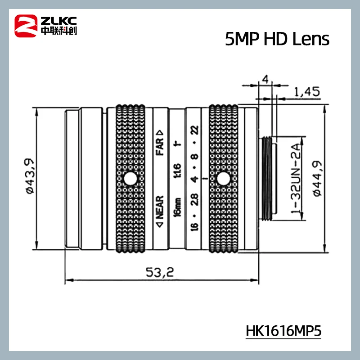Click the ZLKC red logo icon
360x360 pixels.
coord(26,25)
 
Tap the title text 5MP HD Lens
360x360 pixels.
coord(277,40)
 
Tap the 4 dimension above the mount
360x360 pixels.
coord(265,80)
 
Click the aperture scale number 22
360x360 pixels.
coord(194,130)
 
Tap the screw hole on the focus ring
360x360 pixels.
coord(131,179)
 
